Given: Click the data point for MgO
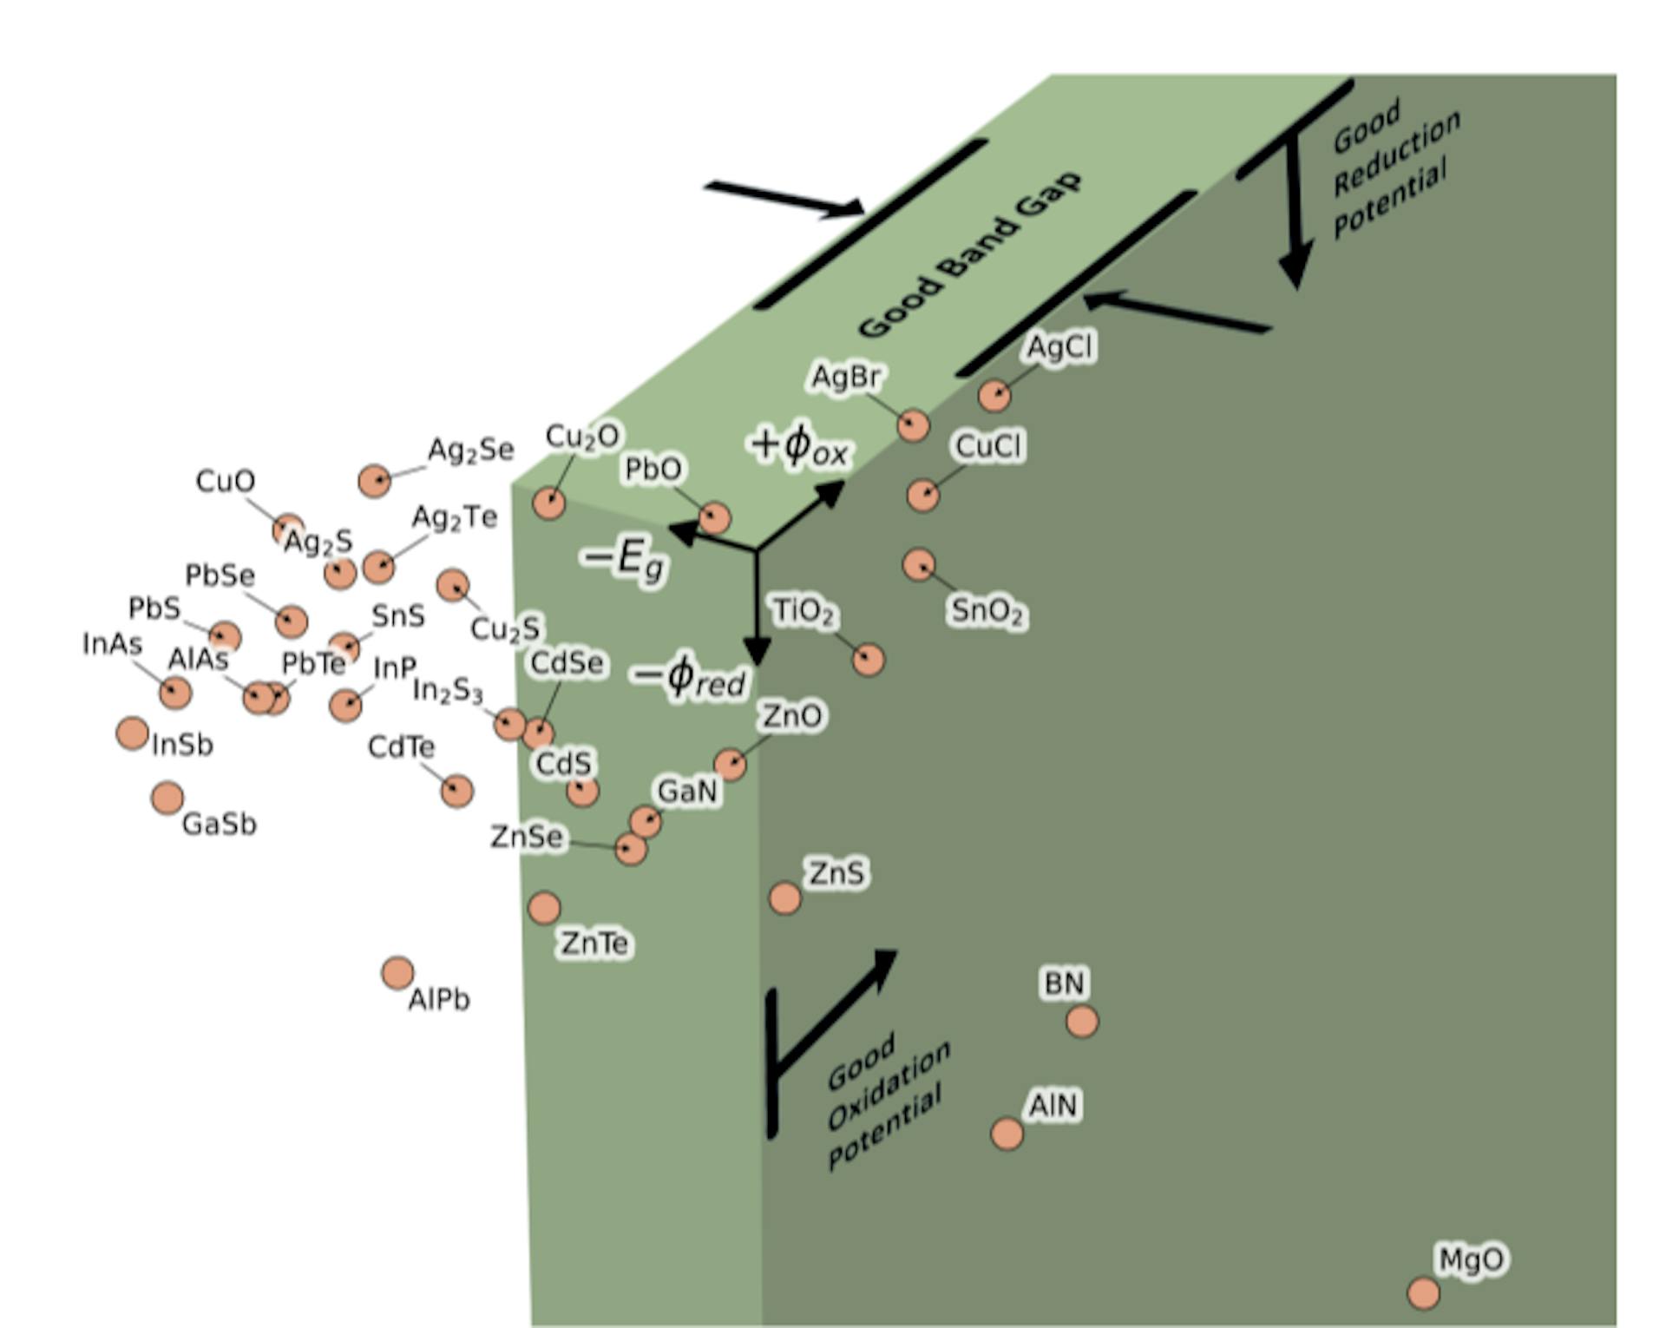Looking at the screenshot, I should tap(1423, 1293).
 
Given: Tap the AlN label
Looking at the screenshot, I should tap(1053, 1105).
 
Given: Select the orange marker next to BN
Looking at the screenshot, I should tap(1082, 1022).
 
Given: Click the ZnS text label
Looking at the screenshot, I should tap(836, 872).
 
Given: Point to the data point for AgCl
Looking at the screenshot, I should tap(994, 395).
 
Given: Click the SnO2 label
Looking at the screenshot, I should tap(987, 611).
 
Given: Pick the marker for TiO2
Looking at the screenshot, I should tap(868, 660).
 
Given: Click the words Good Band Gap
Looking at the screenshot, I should tap(969, 254).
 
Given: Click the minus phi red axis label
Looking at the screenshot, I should tap(690, 677).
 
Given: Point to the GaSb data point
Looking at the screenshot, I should tap(167, 798).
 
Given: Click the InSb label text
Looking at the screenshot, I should tap(182, 745).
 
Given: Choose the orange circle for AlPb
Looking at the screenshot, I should tap(397, 973).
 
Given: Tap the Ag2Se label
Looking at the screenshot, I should tap(470, 450).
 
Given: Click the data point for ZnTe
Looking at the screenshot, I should tap(544, 908).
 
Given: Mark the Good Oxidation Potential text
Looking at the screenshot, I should tap(885, 1102).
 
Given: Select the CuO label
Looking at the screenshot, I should tap(225, 481).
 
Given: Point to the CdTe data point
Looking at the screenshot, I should tap(457, 791).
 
